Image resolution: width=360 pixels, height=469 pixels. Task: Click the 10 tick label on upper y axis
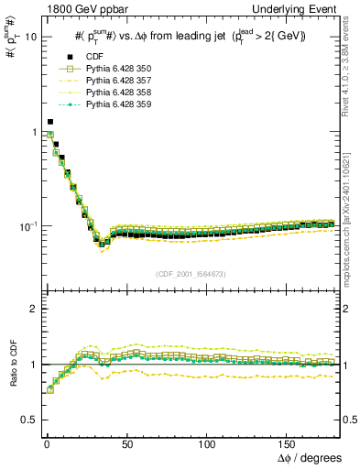coord(30,38)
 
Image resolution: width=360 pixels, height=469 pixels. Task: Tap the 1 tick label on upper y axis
coord(33,132)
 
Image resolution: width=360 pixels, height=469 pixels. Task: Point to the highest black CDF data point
coord(50,121)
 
